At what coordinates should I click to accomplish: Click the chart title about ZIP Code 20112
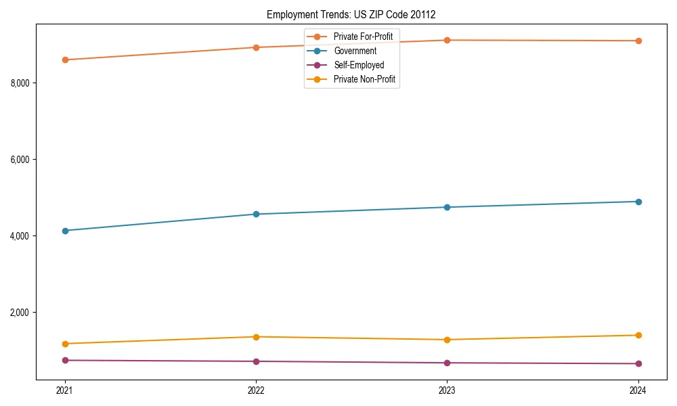click(355, 14)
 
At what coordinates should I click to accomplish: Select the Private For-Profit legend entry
click(363, 36)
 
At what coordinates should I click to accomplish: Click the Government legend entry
click(355, 51)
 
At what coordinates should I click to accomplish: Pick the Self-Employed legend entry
click(359, 65)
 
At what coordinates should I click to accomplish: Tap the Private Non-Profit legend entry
click(364, 80)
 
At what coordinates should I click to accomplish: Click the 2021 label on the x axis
click(65, 390)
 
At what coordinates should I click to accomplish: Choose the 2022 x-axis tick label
click(256, 390)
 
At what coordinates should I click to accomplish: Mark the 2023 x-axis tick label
click(447, 390)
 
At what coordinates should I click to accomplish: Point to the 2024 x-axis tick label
click(638, 390)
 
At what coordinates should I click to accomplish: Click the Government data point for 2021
click(65, 231)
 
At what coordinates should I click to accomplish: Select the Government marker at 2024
click(638, 202)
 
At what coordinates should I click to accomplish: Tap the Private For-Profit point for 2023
click(447, 40)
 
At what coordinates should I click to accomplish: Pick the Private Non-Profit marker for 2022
click(256, 337)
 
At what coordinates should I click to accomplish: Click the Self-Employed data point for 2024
click(638, 363)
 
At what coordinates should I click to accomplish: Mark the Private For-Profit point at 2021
click(65, 60)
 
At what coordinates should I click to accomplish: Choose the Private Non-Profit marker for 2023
click(447, 340)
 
